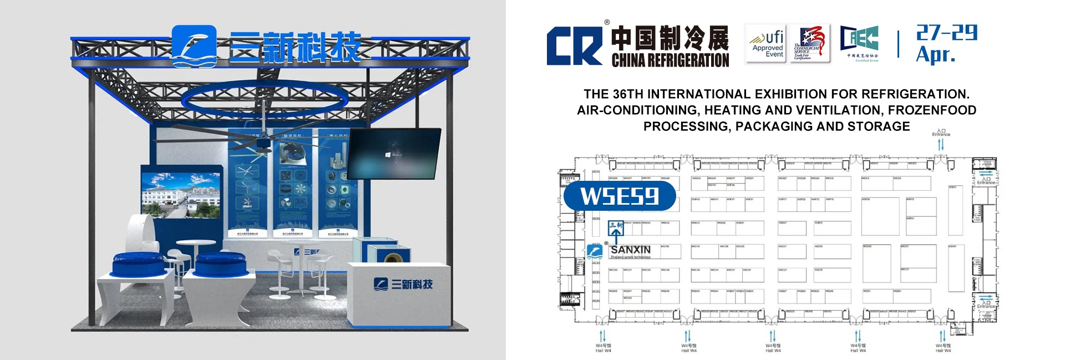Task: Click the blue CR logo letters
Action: click(574, 47)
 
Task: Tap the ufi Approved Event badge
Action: click(765, 44)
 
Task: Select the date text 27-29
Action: click(946, 33)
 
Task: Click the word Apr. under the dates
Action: click(935, 55)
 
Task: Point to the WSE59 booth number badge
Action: click(620, 196)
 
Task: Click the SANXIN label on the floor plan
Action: click(631, 250)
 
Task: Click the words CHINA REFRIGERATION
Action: click(670, 60)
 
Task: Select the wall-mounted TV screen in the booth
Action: click(394, 154)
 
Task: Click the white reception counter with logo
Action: click(399, 294)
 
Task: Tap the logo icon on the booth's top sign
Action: click(194, 45)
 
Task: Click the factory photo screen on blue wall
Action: click(181, 195)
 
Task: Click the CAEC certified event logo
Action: click(859, 43)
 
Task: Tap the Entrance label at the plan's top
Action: click(941, 134)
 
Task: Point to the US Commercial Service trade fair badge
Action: click(810, 44)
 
